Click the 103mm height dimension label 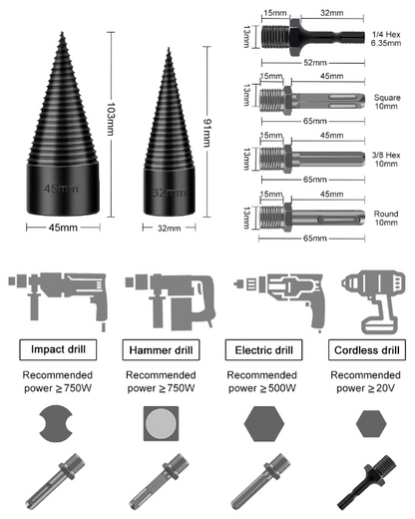tap(111, 119)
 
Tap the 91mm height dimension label tap(207, 133)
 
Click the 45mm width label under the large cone tap(63, 228)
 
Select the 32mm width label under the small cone tap(169, 229)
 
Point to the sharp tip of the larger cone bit tap(62, 32)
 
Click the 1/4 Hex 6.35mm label tap(386, 39)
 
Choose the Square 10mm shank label tap(387, 102)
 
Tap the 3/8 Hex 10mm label tap(386, 160)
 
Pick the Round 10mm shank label tap(386, 218)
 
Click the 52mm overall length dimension tap(315, 63)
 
